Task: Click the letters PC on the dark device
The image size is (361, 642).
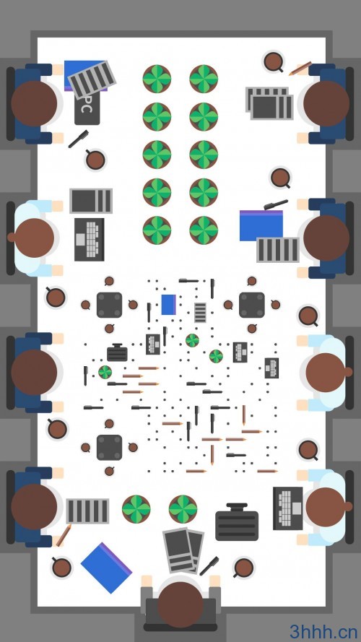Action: (x=85, y=105)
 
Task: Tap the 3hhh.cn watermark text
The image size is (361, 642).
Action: (x=323, y=631)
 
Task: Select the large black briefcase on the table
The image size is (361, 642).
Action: (x=237, y=522)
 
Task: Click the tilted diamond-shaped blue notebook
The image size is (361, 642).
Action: (x=106, y=568)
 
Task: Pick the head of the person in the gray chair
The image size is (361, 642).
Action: (x=180, y=604)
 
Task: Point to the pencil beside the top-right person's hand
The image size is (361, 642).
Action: (x=300, y=69)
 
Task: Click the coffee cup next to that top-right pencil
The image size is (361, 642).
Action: (x=274, y=62)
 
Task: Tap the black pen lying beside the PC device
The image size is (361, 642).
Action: (x=78, y=139)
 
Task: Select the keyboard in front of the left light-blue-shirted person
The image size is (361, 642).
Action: (x=90, y=240)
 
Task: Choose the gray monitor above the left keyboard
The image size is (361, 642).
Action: (x=91, y=201)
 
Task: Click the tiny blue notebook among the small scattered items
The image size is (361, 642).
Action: (x=169, y=305)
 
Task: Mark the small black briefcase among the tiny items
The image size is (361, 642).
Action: (x=117, y=353)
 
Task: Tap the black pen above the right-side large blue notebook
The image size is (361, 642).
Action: (x=276, y=204)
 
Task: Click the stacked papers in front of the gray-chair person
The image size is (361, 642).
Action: (x=183, y=550)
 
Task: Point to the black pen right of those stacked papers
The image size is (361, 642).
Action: (x=209, y=566)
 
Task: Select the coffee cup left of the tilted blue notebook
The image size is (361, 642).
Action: (x=61, y=568)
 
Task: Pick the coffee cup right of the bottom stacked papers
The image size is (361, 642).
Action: (x=243, y=568)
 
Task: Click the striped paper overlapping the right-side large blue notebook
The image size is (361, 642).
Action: (x=278, y=250)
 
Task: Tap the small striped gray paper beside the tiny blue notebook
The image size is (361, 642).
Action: (x=200, y=313)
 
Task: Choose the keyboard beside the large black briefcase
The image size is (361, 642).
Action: (x=288, y=508)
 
